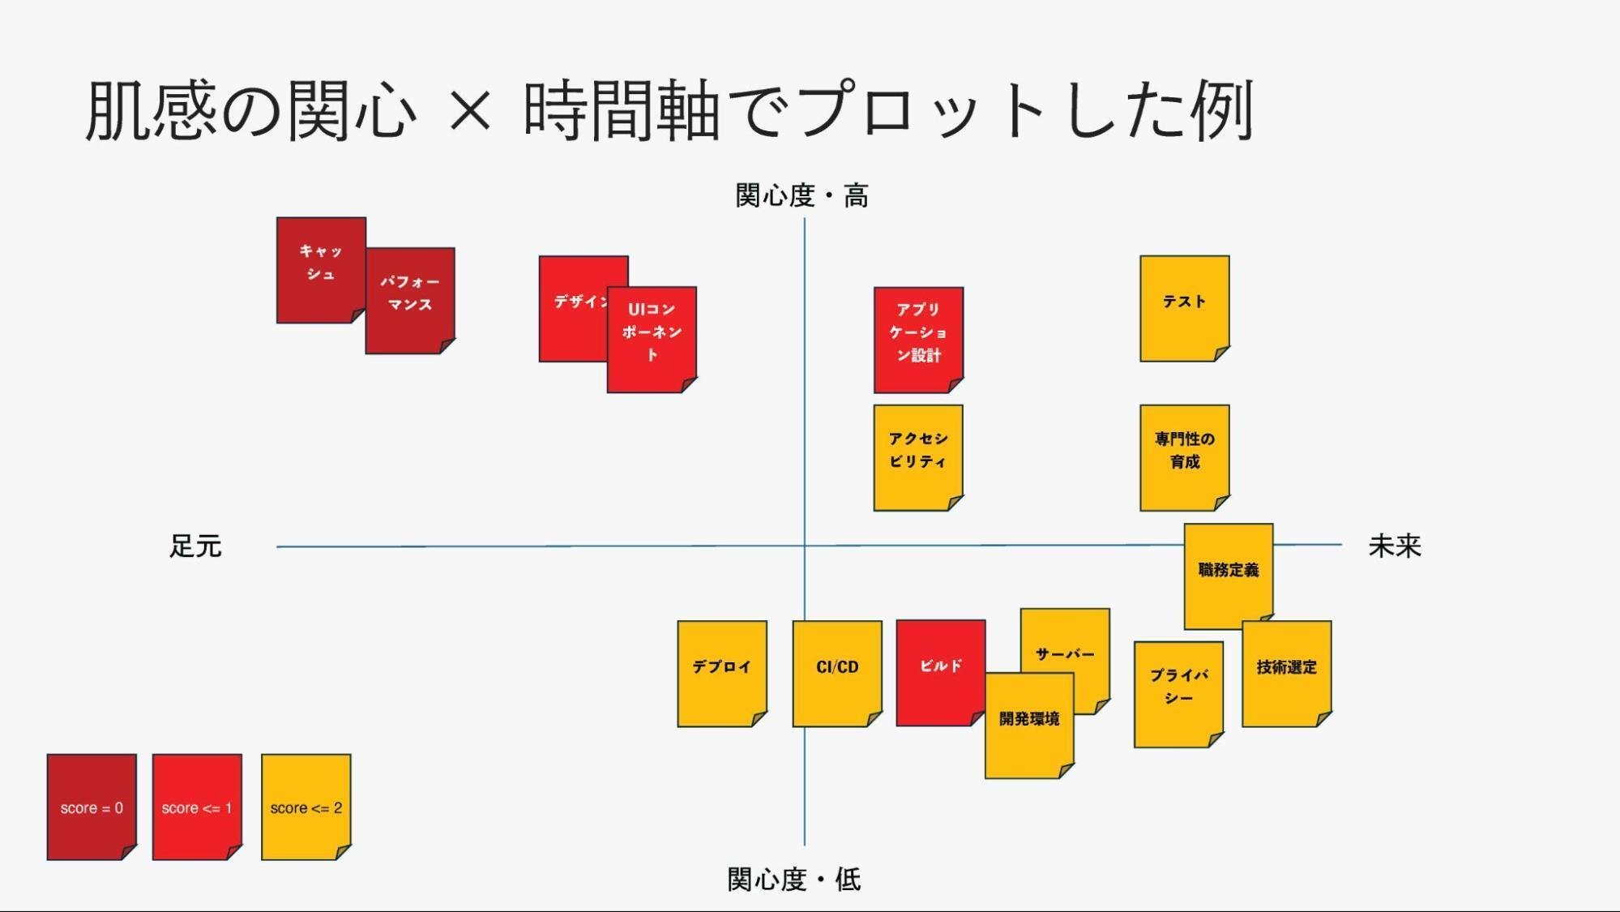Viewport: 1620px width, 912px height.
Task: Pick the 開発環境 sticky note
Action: pyautogui.click(x=1029, y=726)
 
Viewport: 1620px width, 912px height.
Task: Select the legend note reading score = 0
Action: pyautogui.click(x=92, y=807)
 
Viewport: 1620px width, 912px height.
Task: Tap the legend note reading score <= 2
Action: pyautogui.click(x=306, y=807)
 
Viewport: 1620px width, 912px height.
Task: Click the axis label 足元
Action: pyautogui.click(x=195, y=546)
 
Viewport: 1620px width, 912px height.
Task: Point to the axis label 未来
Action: pyautogui.click(x=1395, y=546)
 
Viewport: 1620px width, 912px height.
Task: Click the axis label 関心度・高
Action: pyautogui.click(x=801, y=195)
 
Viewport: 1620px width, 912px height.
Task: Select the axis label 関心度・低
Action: pyautogui.click(x=793, y=879)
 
